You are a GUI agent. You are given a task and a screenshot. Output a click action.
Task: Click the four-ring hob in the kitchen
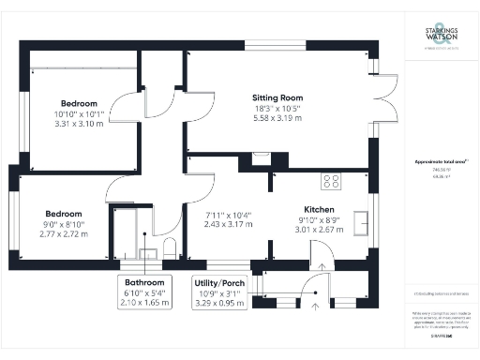pyautogui.click(x=331, y=180)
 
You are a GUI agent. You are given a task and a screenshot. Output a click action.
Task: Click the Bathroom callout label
pyautogui.click(x=145, y=282)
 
